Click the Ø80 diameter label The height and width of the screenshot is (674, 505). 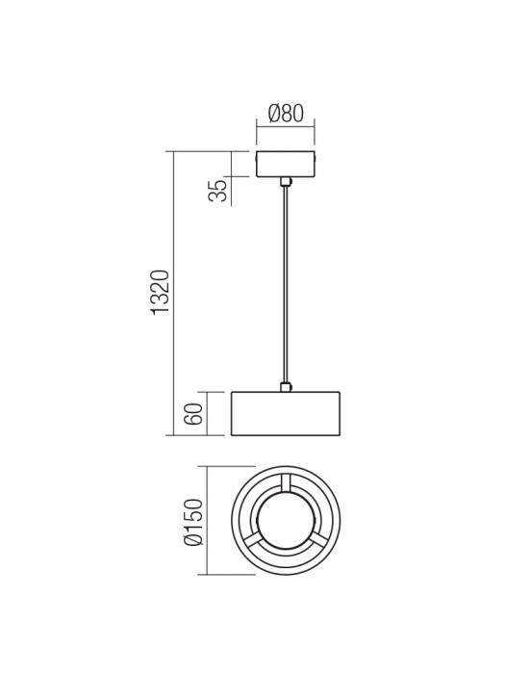click(x=286, y=113)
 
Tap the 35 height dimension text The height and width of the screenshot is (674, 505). click(x=219, y=190)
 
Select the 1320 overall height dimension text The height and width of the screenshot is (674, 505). click(x=161, y=293)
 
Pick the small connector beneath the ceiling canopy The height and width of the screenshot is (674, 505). click(x=285, y=181)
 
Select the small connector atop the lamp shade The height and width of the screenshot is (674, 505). click(x=285, y=387)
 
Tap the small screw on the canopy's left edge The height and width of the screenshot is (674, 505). click(x=256, y=165)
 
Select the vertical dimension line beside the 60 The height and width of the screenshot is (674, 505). click(x=208, y=414)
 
